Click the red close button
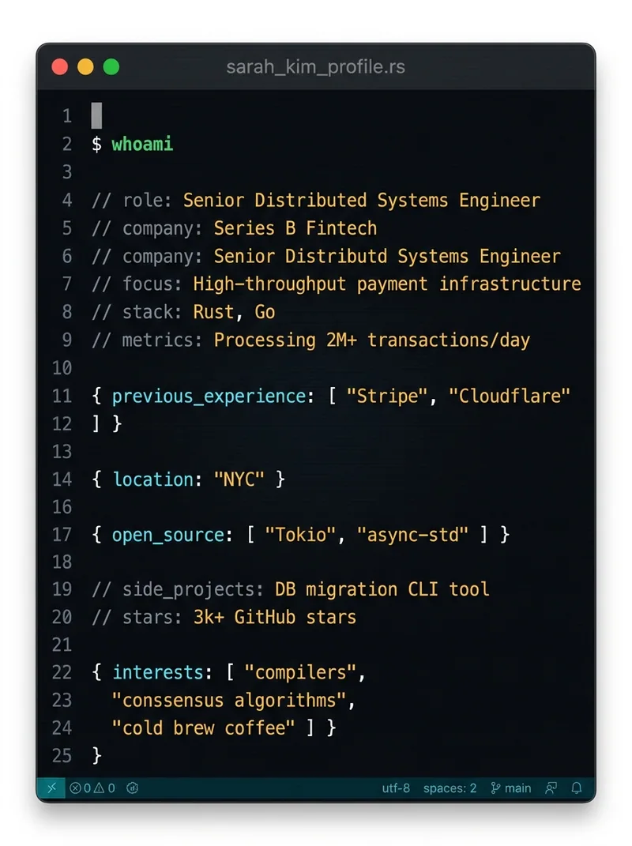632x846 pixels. tap(60, 67)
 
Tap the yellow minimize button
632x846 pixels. tap(85, 67)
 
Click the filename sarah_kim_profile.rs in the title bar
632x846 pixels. tap(315, 67)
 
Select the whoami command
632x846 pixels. tap(142, 144)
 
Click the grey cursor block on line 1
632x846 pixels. tap(96, 116)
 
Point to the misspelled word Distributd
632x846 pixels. tap(336, 256)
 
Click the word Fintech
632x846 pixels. tap(341, 228)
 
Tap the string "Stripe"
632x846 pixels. tap(387, 396)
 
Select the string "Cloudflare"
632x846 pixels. tap(510, 396)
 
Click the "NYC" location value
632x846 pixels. tap(239, 479)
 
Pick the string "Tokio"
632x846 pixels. tap(301, 535)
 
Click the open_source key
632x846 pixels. tap(167, 535)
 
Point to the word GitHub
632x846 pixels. tap(265, 617)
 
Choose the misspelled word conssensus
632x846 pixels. tap(173, 701)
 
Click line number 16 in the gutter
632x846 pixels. tap(62, 506)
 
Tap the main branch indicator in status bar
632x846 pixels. tap(510, 788)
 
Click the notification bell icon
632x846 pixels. tap(577, 788)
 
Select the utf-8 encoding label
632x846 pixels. tap(396, 788)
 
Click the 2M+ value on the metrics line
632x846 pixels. tap(341, 340)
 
